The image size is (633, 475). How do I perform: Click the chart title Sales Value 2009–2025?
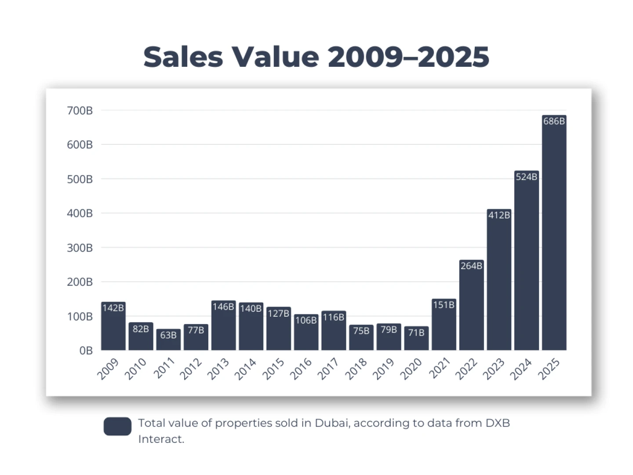point(316,57)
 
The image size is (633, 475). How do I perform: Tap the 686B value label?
point(554,121)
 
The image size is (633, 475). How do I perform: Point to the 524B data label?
point(526,177)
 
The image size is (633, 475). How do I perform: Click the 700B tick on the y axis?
point(80,111)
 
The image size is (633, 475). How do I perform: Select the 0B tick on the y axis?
point(86,351)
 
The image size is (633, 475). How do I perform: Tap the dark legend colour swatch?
point(117,426)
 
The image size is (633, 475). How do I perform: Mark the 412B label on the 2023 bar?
point(499,215)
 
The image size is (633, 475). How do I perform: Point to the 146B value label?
point(223,307)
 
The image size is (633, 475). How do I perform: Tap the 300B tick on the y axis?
point(80,248)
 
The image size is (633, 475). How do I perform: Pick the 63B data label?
point(168,335)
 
